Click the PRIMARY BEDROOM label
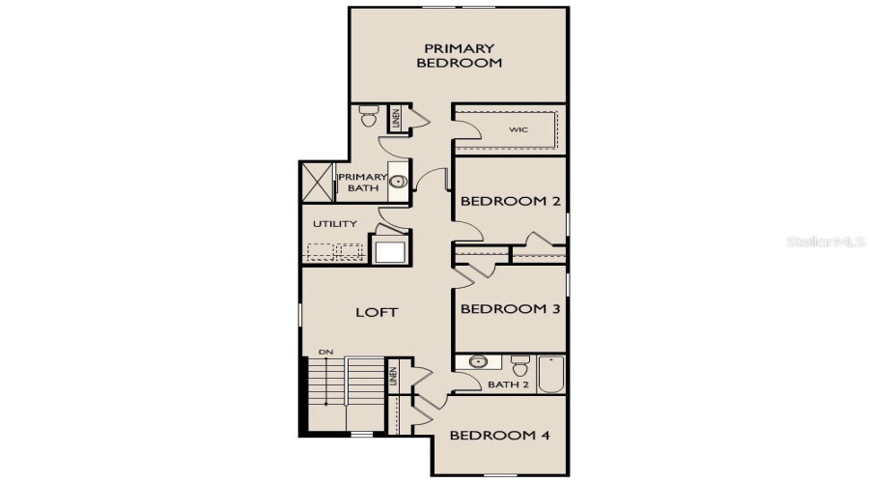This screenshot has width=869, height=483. [459, 55]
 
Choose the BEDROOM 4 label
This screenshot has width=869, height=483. [499, 435]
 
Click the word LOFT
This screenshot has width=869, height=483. [377, 312]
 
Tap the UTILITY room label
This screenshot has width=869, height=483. [334, 224]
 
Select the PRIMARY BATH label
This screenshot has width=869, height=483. [361, 183]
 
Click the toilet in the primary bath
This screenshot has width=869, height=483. [368, 117]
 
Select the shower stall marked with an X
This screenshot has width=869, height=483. [317, 181]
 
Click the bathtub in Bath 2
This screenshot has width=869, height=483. [550, 374]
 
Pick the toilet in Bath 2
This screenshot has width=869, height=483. [519, 366]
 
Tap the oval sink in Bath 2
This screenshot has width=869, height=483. [477, 362]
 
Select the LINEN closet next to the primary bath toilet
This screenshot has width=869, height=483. [395, 119]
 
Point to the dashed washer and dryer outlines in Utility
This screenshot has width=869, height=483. [334, 252]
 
